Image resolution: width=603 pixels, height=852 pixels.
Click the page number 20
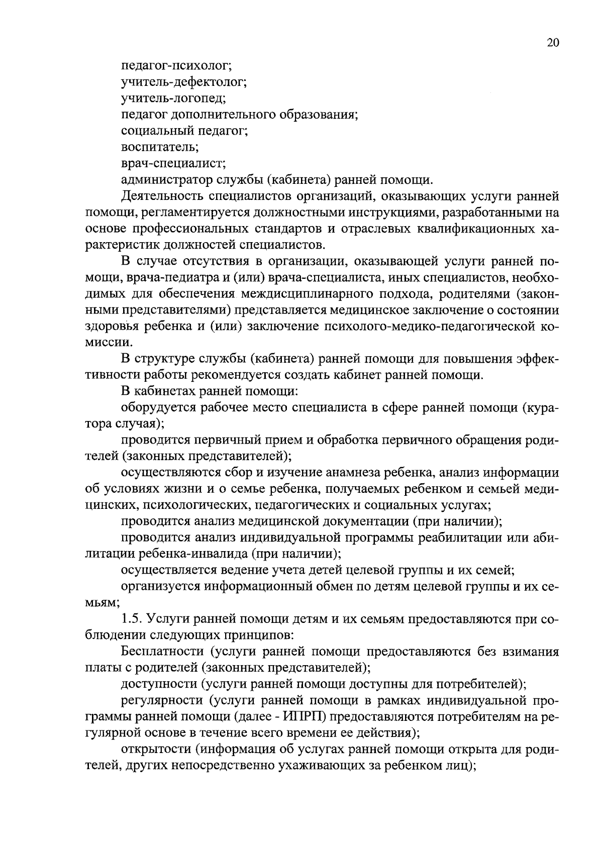pos(552,43)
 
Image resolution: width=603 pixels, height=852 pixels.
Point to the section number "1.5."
pos(134,619)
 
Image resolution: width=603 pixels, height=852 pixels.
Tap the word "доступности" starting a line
pos(157,685)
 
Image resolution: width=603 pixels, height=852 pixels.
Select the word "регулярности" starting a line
pos(162,701)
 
